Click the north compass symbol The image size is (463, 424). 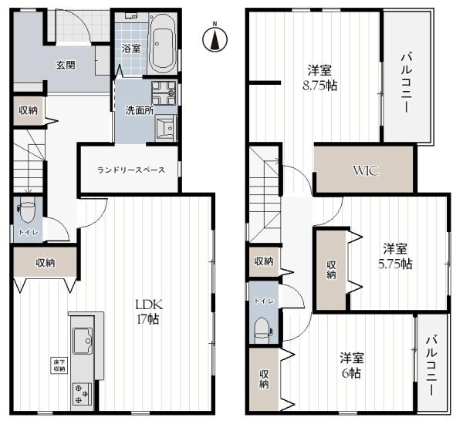(x=215, y=39)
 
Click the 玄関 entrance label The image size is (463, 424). (x=66, y=65)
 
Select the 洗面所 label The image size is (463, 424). (x=140, y=111)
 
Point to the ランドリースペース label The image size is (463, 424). (x=131, y=170)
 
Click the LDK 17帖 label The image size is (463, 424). (x=148, y=311)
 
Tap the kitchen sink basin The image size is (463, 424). (x=83, y=341)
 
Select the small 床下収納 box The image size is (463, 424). (x=59, y=365)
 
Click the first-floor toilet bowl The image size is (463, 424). (x=27, y=212)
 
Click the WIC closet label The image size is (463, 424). (x=366, y=170)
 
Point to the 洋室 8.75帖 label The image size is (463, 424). (x=319, y=78)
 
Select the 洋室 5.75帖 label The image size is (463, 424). (x=395, y=256)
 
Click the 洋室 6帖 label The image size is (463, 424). (x=352, y=365)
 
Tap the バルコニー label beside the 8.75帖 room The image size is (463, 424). (x=407, y=82)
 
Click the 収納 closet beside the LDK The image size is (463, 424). (x=46, y=262)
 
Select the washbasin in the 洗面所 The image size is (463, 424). (x=165, y=127)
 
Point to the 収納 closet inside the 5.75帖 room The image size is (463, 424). (x=331, y=270)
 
